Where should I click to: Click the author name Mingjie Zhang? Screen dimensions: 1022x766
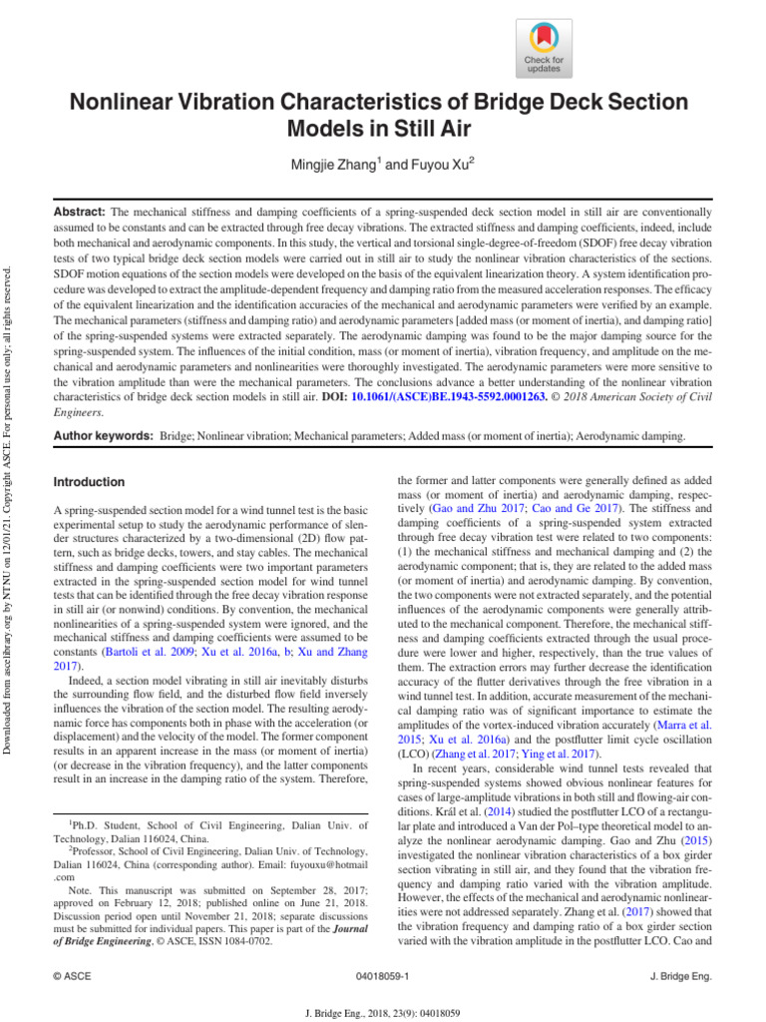coord(325,165)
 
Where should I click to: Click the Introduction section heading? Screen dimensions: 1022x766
coord(89,482)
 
